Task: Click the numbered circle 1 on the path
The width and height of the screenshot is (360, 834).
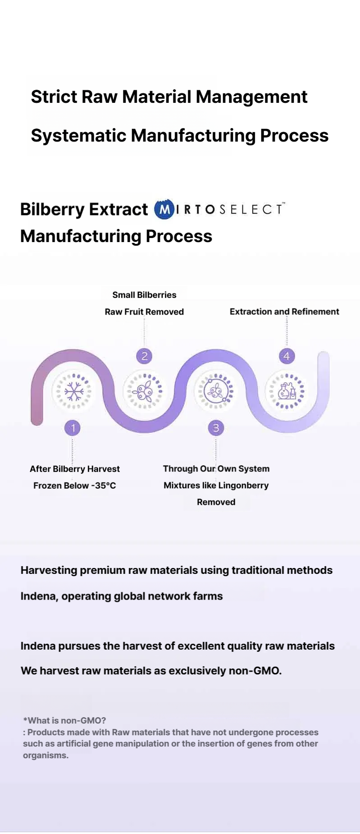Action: coord(73,427)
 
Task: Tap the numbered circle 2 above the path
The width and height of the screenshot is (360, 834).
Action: coord(144,356)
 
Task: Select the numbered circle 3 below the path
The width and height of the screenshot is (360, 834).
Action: coord(216,427)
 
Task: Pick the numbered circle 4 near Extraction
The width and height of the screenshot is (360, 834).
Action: coord(287,356)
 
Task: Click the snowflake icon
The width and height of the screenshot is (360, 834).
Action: coord(74,391)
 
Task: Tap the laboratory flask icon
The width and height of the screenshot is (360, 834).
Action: coord(287,391)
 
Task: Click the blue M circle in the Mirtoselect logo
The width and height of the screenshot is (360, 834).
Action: coord(164,209)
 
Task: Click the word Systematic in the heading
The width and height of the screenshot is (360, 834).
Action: coord(78,135)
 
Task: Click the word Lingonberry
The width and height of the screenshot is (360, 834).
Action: coord(243,486)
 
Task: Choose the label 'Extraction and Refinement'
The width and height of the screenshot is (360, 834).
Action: coord(284,312)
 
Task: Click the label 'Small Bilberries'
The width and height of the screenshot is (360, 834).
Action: coord(144,295)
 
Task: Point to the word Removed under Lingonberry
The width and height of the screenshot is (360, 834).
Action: coord(216,502)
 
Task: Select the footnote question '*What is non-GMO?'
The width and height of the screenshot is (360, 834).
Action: coord(64,720)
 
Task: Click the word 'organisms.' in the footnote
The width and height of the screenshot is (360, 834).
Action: coord(46,756)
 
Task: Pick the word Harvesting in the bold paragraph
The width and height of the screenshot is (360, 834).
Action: coord(49,570)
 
